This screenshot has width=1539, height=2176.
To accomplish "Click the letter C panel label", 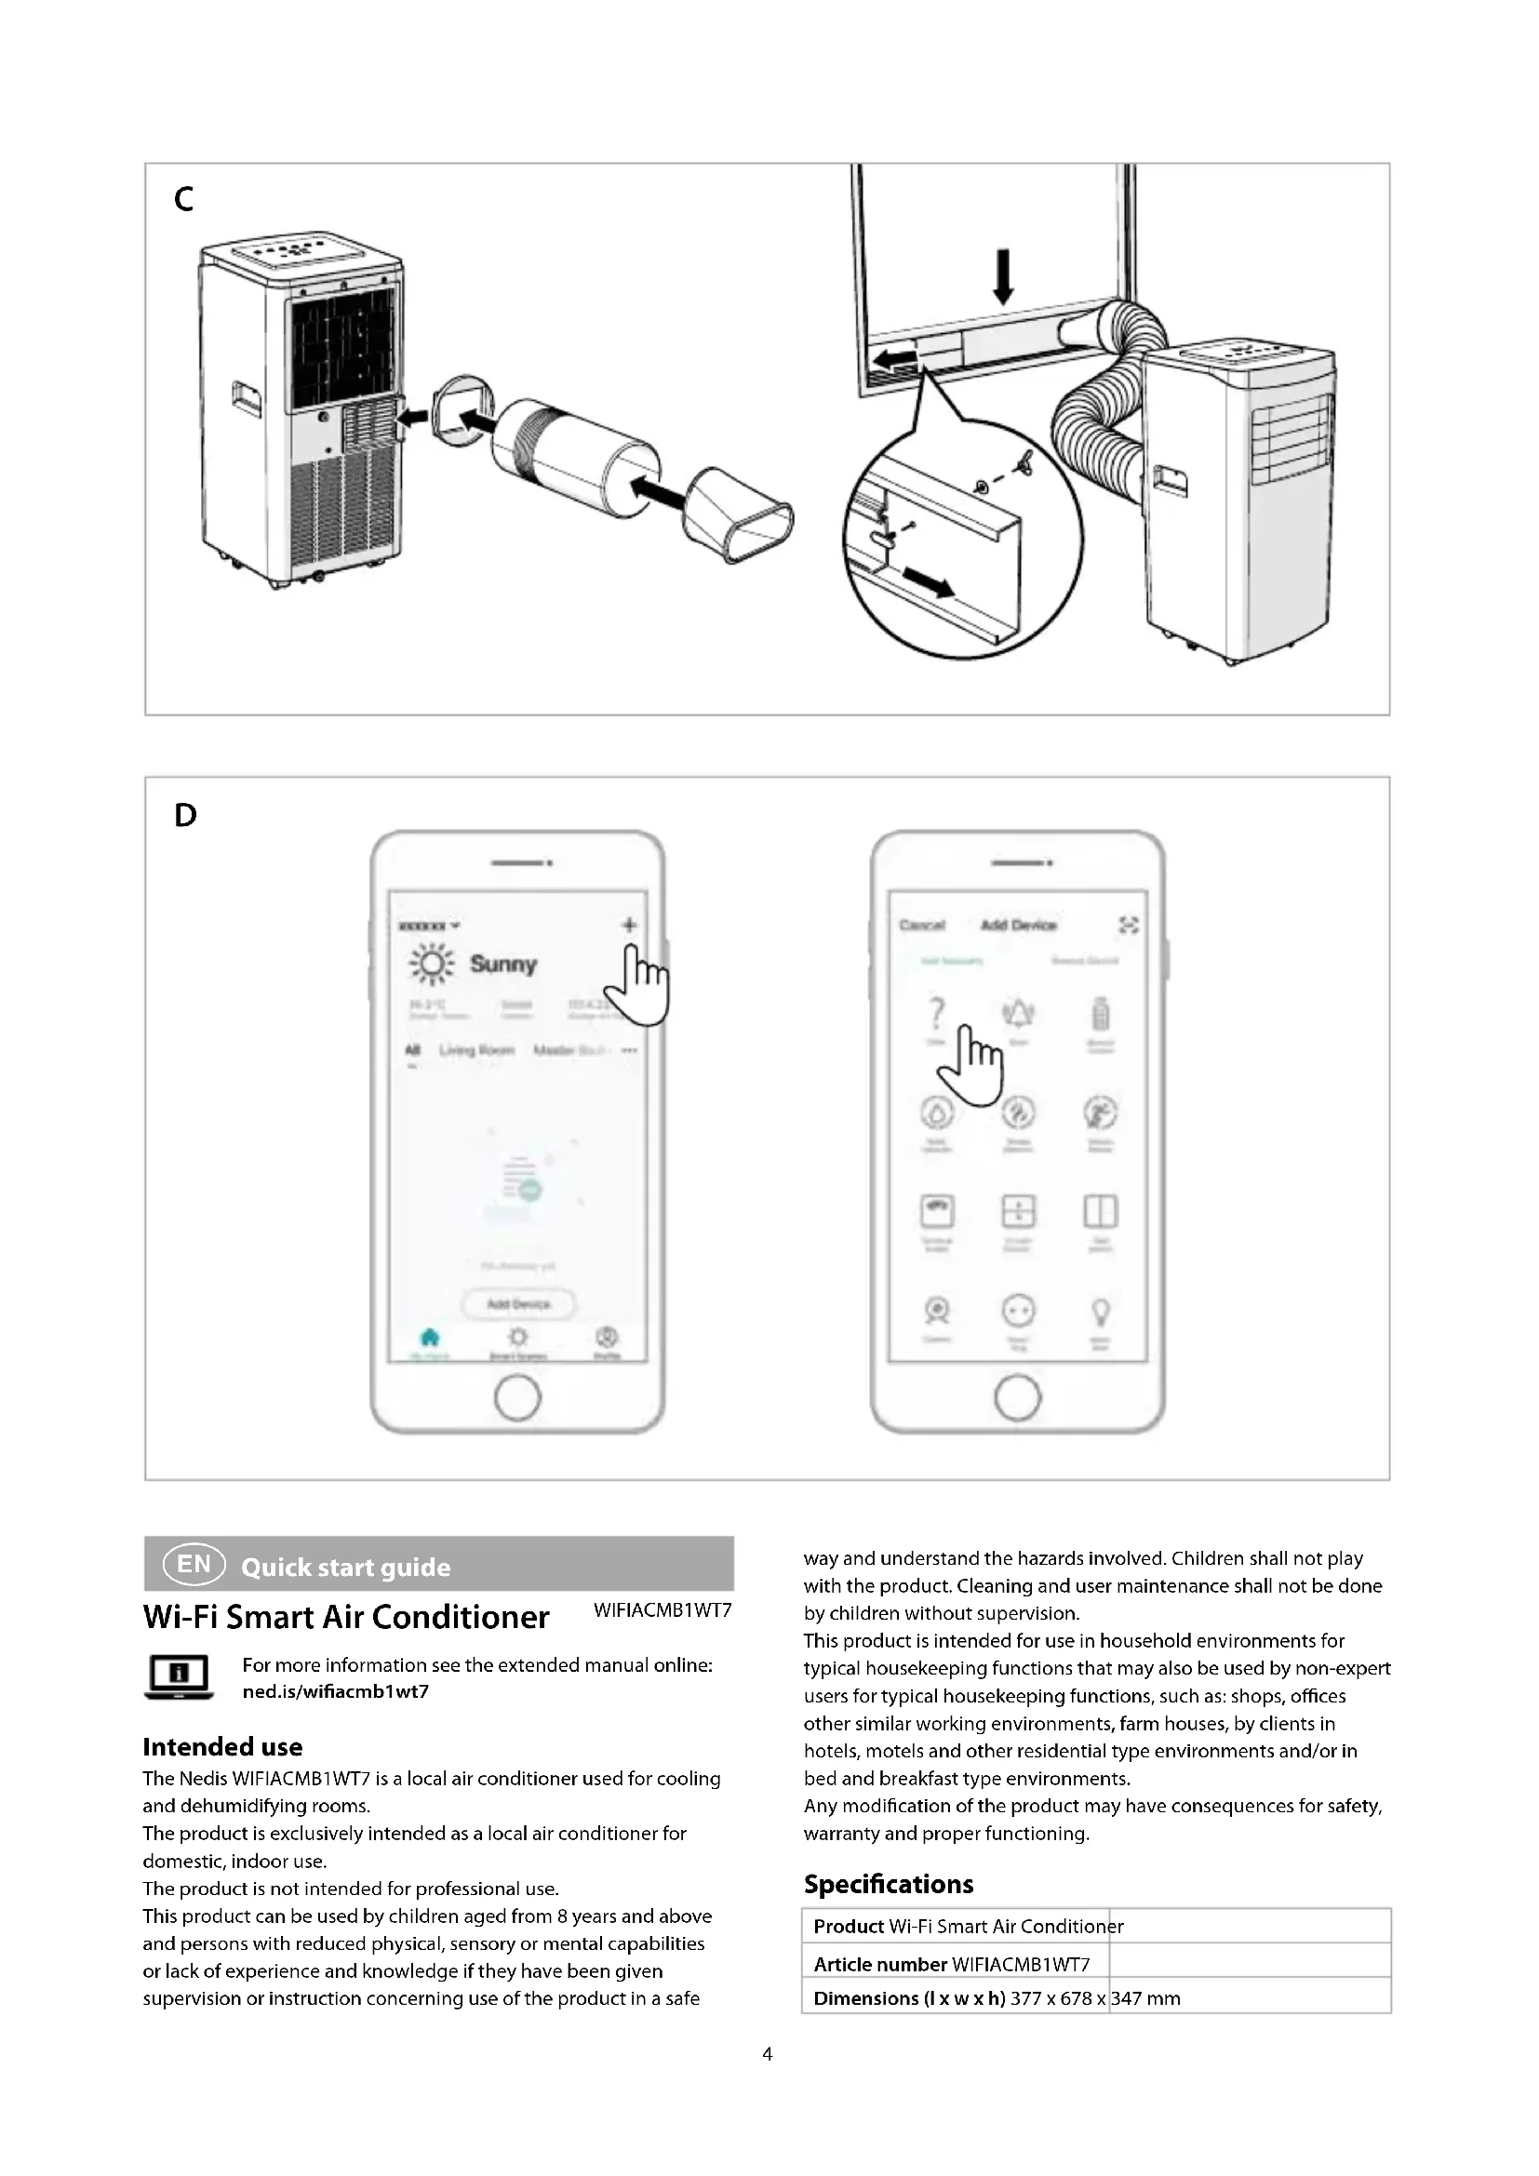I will coord(184,199).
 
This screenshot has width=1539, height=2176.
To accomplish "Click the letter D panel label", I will coord(186,815).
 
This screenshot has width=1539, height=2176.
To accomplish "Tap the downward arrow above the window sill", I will coord(1004,275).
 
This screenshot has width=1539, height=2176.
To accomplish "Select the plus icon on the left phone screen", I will coord(629,925).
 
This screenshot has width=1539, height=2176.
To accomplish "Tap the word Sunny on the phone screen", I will coord(503,964).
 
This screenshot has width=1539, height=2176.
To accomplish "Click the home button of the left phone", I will coord(517,1398).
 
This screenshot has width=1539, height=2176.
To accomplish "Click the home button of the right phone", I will coord(1018,1398).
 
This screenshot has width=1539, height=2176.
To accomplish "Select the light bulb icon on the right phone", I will coord(1100,1312).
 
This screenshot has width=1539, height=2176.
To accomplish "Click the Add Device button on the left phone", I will coord(518,1304).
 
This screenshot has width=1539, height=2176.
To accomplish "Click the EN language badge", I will coord(194,1564).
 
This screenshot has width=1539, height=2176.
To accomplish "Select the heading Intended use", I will coord(222,1747).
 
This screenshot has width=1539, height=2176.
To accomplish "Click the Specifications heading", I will coord(888,1884).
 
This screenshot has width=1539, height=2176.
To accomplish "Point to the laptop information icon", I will coord(178,1676).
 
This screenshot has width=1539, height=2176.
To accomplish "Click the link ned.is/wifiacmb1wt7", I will coord(336,1691).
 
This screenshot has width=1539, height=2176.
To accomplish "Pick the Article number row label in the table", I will coord(879,1964).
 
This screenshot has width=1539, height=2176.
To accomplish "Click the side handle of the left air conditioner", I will coord(246,397).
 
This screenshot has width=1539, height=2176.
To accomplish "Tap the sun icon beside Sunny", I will coord(432,965).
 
